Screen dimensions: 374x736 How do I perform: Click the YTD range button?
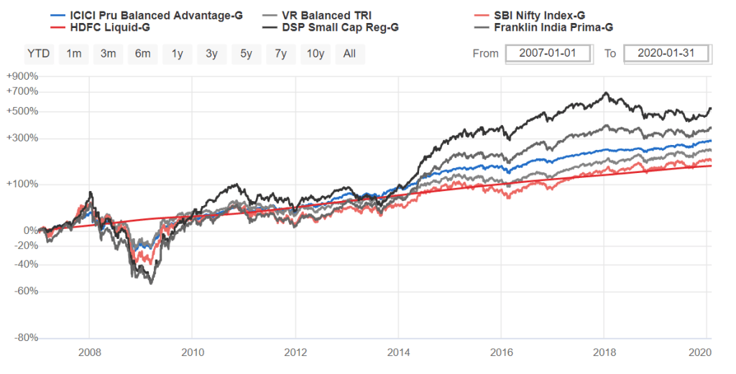pos(38,54)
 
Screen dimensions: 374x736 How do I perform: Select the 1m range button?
pos(73,54)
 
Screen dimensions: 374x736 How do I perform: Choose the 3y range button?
pos(211,54)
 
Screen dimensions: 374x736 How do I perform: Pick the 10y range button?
pos(315,54)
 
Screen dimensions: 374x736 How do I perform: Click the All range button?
pos(349,54)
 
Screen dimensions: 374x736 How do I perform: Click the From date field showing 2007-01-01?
pos(548,54)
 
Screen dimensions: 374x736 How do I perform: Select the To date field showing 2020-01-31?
pos(666,54)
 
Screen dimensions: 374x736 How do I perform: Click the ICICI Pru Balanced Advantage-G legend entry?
pos(148,15)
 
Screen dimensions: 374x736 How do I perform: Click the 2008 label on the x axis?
pos(89,352)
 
